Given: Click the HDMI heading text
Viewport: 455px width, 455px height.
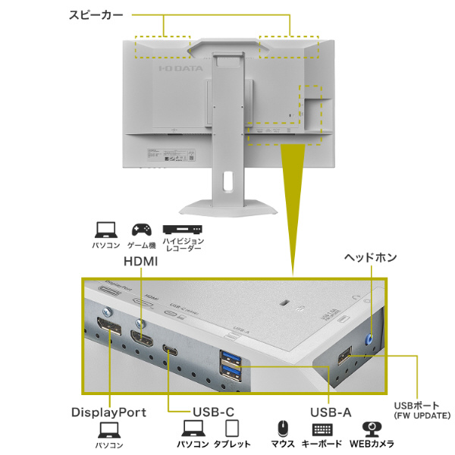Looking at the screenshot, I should pyautogui.click(x=140, y=262).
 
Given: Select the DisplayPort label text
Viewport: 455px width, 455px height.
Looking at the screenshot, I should pyautogui.click(x=108, y=413).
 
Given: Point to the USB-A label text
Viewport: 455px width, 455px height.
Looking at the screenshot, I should pyautogui.click(x=331, y=413).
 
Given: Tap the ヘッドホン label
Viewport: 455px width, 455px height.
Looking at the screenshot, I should pyautogui.click(x=371, y=258).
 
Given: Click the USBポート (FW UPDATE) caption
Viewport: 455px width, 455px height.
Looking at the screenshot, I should pyautogui.click(x=422, y=409).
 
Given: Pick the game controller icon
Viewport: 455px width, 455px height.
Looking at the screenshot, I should pyautogui.click(x=141, y=228).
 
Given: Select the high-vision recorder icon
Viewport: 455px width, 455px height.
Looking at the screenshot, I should pyautogui.click(x=181, y=229).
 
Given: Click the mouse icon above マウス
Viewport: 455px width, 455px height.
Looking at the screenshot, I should pyautogui.click(x=282, y=428).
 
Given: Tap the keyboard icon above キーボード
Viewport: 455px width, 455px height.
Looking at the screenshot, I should pyautogui.click(x=322, y=428).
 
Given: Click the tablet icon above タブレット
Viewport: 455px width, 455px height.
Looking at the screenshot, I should pyautogui.click(x=232, y=428).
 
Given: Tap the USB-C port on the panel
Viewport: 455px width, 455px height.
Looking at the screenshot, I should pyautogui.click(x=169, y=350).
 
